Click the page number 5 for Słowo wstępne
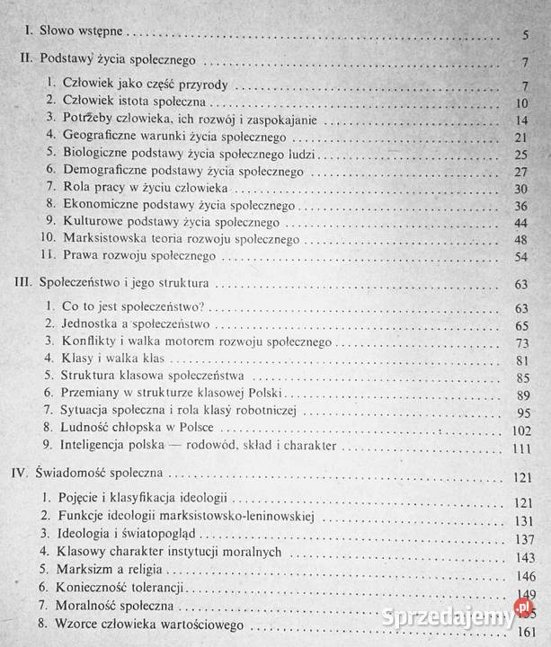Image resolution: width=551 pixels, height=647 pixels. (523, 36)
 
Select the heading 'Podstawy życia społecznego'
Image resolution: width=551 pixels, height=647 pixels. (120, 63)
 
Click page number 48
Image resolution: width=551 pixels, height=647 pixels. (520, 240)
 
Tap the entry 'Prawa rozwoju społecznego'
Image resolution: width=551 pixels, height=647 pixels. (139, 256)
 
